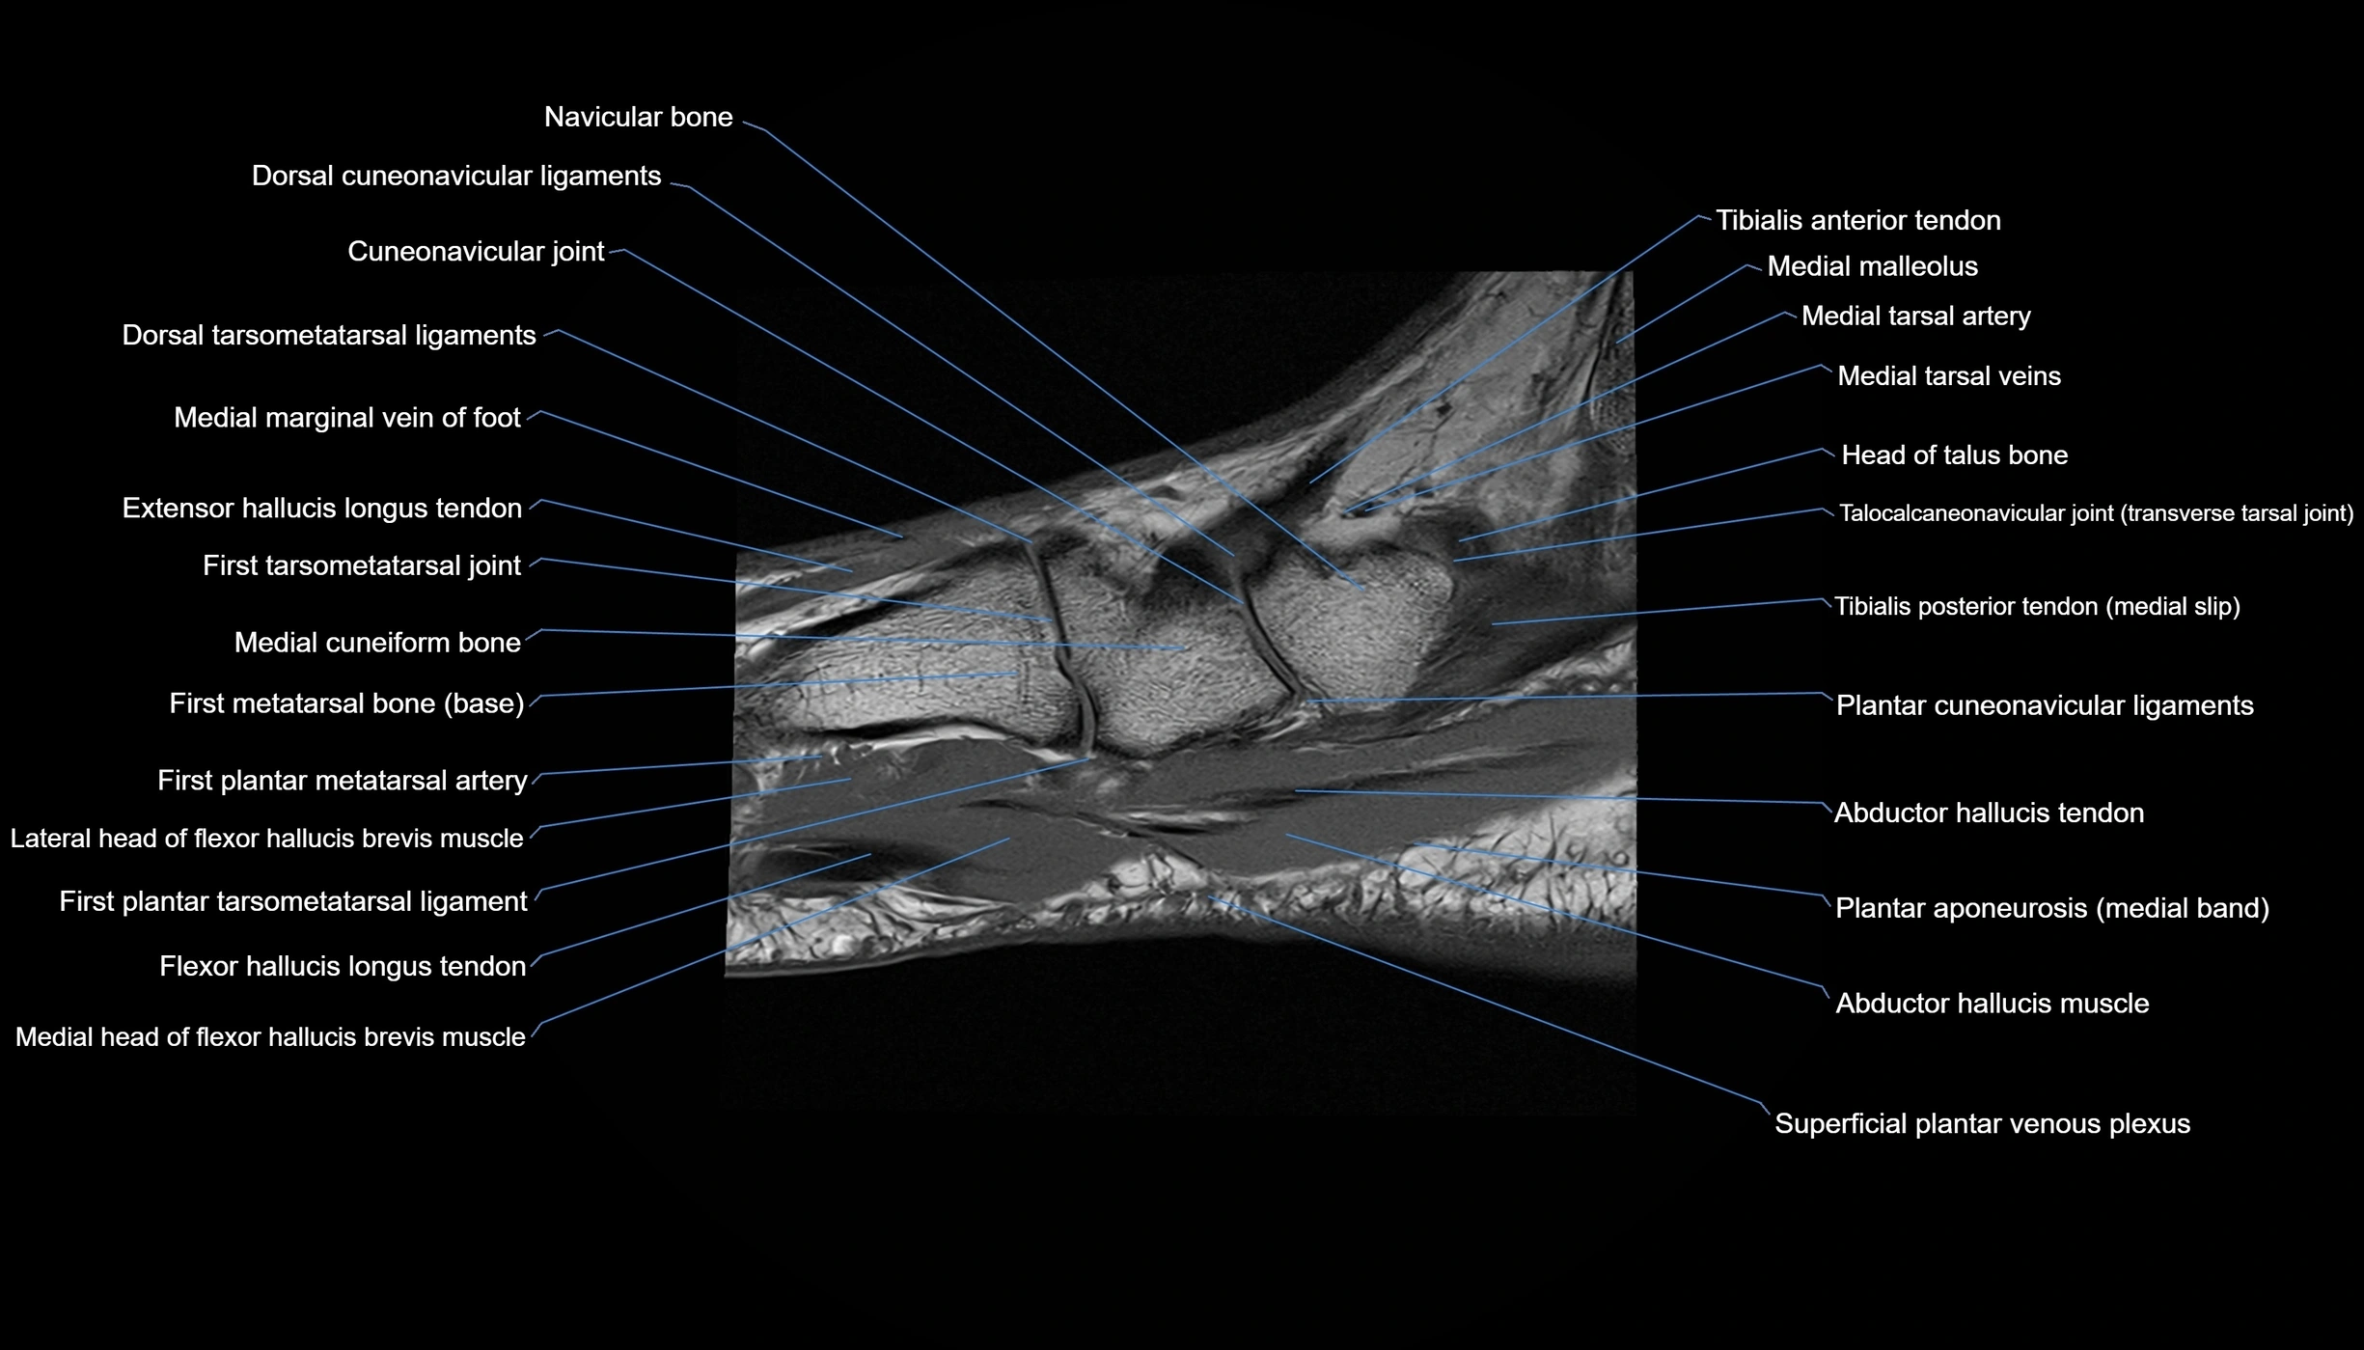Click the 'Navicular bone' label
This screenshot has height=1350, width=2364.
tap(639, 117)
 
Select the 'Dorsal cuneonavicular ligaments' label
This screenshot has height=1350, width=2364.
tap(456, 176)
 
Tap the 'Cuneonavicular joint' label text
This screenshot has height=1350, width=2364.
tap(476, 251)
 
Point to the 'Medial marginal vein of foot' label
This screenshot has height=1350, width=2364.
tap(347, 417)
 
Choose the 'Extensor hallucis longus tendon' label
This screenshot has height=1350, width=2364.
tap(322, 508)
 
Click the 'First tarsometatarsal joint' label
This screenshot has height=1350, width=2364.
tap(362, 565)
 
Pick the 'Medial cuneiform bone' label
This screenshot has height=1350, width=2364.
tap(377, 642)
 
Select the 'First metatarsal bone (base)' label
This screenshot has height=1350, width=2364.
tap(347, 703)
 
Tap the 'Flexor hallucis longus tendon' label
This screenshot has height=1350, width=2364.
tap(343, 966)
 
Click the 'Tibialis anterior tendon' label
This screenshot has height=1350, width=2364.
tap(1858, 220)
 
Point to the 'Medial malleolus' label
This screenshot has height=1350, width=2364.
tap(1873, 266)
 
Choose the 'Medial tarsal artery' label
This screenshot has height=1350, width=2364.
tap(1916, 316)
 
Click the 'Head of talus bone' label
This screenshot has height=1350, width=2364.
tap(1955, 455)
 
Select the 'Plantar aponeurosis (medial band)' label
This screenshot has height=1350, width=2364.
tap(2052, 908)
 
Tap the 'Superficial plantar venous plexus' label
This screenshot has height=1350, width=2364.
tap(1983, 1123)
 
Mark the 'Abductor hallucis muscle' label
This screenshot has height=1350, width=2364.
tap(1993, 1003)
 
